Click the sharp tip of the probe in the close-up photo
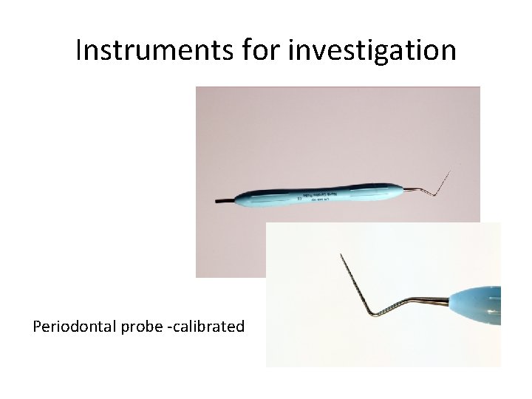(x=341, y=255)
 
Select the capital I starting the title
(x=79, y=50)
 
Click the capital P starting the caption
(x=37, y=326)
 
